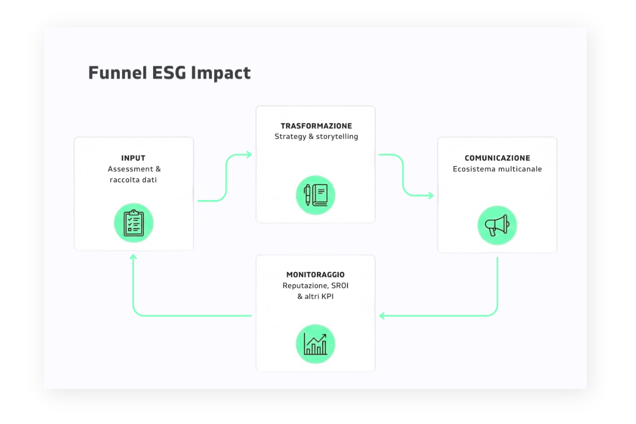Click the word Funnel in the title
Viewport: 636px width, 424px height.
click(x=112, y=73)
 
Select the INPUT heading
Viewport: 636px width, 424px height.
click(x=133, y=158)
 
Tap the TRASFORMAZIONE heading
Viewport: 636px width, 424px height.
click(x=316, y=126)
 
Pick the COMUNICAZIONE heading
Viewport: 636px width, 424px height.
click(x=497, y=158)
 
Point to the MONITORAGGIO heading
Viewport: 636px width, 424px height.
click(x=315, y=275)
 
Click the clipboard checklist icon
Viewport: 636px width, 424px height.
click(x=134, y=223)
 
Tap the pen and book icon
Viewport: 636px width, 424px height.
click(x=315, y=195)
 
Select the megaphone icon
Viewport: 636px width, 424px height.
click(x=497, y=225)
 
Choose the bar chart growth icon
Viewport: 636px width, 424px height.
click(x=315, y=344)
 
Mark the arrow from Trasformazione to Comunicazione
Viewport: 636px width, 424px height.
click(x=403, y=175)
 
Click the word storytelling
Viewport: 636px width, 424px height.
click(x=337, y=137)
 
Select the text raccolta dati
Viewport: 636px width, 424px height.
click(x=133, y=180)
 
